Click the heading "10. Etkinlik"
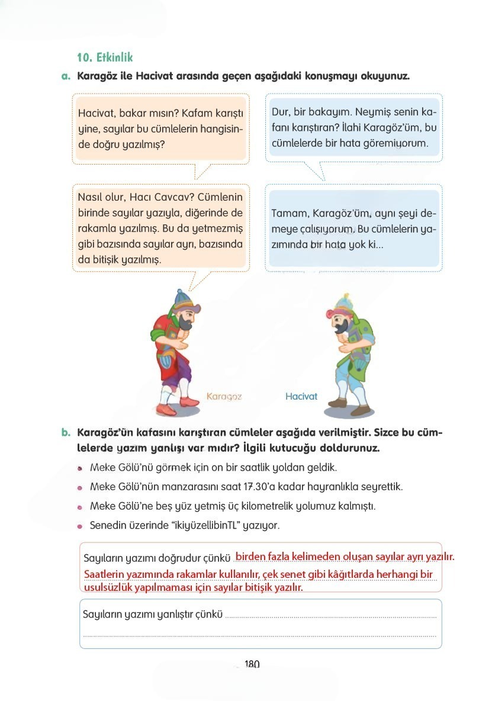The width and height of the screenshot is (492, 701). click(105, 57)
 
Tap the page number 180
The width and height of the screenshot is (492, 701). click(252, 664)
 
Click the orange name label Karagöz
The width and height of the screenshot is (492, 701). click(224, 396)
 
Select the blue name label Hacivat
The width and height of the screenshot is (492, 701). click(301, 396)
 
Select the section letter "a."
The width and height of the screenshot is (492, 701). click(66, 76)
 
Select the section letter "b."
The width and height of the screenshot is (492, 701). click(66, 433)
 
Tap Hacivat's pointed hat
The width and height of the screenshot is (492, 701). click(342, 300)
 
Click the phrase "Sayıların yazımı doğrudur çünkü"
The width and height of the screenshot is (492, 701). click(156, 558)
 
